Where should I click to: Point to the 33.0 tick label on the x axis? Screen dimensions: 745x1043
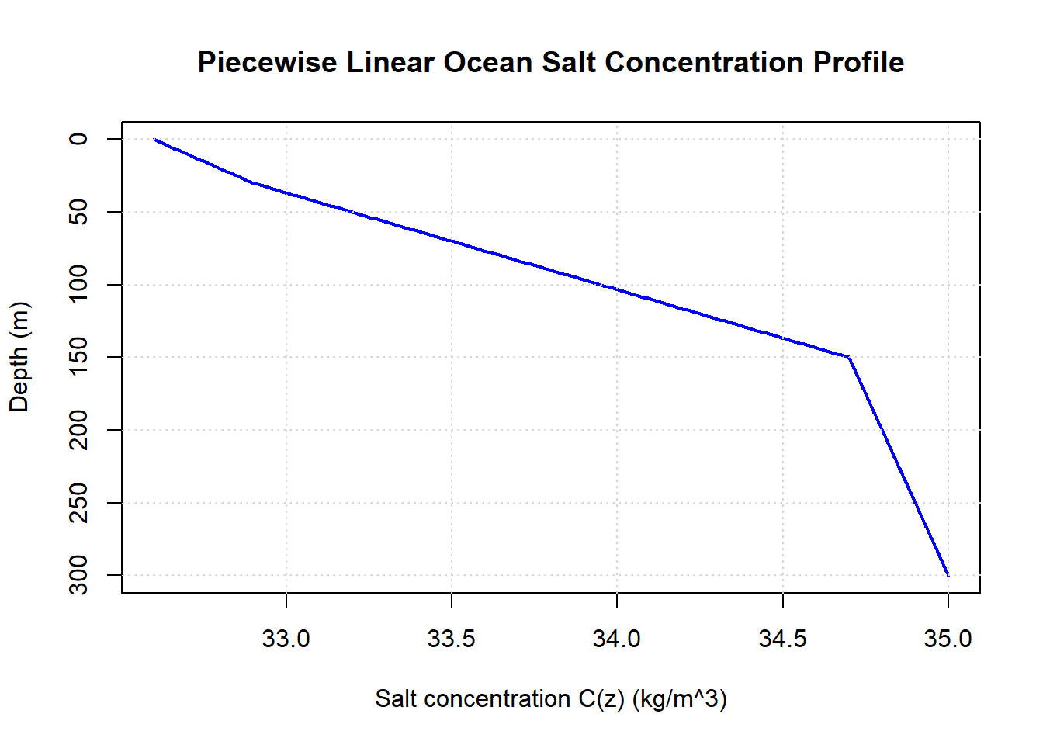click(x=286, y=639)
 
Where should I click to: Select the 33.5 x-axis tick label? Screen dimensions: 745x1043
click(x=452, y=639)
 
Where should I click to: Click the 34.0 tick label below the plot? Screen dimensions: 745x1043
click(x=617, y=639)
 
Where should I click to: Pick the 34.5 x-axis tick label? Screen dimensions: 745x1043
click(x=782, y=639)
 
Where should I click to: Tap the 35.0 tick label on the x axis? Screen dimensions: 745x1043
click(x=948, y=639)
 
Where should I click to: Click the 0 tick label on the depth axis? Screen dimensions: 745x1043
click(x=79, y=139)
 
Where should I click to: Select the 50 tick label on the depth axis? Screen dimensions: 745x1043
click(x=79, y=212)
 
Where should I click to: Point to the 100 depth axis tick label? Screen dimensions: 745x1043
click(x=79, y=285)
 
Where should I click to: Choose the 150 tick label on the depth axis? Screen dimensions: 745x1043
click(x=79, y=357)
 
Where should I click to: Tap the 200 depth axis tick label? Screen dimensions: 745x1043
click(x=79, y=430)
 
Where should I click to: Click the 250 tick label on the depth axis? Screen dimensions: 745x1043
click(x=79, y=503)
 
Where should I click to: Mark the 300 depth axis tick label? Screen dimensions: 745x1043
click(x=79, y=575)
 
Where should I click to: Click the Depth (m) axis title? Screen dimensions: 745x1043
click(x=19, y=357)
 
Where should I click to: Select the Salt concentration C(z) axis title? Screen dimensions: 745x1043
click(x=551, y=699)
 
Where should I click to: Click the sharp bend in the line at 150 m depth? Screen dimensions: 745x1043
click(x=849, y=357)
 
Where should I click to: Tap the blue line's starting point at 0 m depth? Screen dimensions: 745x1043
click(x=154, y=140)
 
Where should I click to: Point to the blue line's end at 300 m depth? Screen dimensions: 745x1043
click(x=948, y=574)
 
